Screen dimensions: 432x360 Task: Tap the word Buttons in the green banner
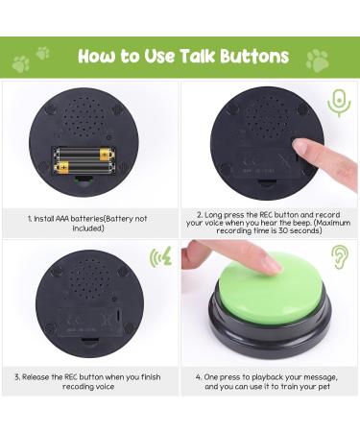click(x=250, y=57)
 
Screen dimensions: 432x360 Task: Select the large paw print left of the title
click(x=20, y=64)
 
